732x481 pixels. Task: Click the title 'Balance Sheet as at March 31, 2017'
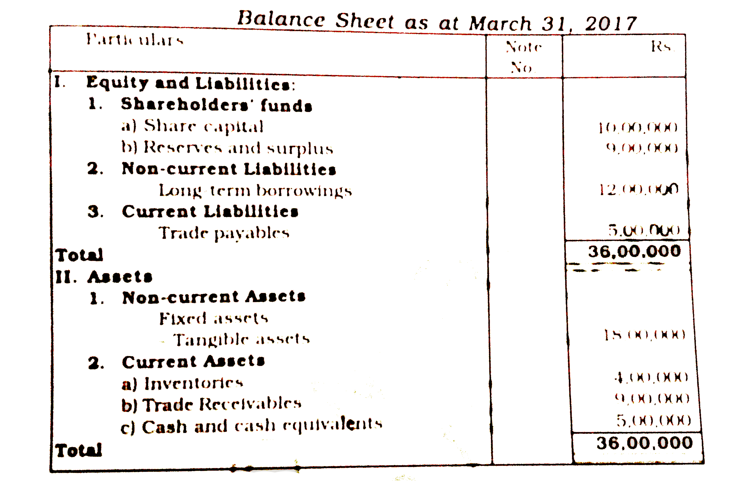tap(437, 21)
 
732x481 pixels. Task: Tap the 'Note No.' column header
tap(523, 57)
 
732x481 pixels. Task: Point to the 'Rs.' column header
tap(663, 47)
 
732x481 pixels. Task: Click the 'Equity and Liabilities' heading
tap(191, 83)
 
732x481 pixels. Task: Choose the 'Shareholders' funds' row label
tap(216, 105)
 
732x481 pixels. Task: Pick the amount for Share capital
tap(638, 127)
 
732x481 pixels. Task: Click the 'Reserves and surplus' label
tap(238, 148)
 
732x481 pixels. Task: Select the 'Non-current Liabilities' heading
tap(229, 169)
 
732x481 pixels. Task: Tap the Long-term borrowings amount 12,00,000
tap(639, 189)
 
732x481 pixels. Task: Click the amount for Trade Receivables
tap(652, 399)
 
